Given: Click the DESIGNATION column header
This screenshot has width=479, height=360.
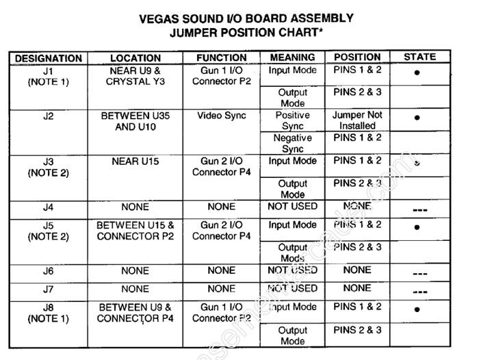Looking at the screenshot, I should [48, 58].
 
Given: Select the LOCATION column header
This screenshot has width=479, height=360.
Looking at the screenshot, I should [135, 58].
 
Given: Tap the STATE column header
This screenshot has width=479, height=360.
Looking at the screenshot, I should [419, 57].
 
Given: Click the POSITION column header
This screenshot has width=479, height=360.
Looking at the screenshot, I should [357, 57].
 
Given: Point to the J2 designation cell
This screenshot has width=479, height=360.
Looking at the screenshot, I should [48, 116].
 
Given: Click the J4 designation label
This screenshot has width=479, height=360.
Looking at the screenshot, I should [48, 206].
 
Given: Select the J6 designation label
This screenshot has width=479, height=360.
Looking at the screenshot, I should [48, 270].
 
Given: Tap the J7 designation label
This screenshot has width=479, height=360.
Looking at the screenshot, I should [48, 288].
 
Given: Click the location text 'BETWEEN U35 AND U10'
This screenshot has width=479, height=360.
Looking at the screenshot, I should [135, 121].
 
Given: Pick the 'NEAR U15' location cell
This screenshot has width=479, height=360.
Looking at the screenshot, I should [135, 161].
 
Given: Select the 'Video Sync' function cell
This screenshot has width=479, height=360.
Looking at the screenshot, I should [222, 116].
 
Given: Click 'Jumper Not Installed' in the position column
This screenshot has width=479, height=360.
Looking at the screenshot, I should [357, 120].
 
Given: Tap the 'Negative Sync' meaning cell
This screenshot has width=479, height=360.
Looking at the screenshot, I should [293, 143].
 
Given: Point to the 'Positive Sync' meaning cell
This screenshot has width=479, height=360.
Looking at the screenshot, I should [293, 120].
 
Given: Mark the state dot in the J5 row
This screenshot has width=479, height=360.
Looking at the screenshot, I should [417, 227].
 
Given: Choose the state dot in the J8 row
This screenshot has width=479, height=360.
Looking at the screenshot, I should [417, 309].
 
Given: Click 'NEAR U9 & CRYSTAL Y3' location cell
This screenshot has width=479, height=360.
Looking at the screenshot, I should [135, 76].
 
